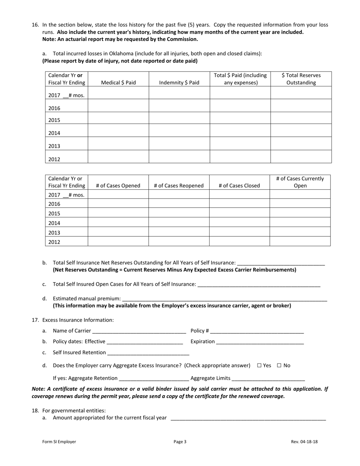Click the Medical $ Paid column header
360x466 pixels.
click(x=118, y=83)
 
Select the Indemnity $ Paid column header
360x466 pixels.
click(x=179, y=83)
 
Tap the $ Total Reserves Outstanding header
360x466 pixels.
click(x=301, y=79)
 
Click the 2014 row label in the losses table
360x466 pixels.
click(x=55, y=133)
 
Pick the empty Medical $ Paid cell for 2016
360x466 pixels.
click(x=118, y=106)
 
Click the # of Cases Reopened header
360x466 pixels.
click(x=179, y=186)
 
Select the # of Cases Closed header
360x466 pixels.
click(x=239, y=186)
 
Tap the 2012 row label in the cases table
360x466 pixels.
click(x=55, y=242)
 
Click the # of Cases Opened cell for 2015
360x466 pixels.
click(x=118, y=213)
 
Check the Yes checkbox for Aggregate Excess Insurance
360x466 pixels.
click(x=259, y=366)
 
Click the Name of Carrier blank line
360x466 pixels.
click(x=139, y=331)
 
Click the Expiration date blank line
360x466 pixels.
click(x=260, y=341)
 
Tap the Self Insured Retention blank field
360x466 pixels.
click(x=148, y=352)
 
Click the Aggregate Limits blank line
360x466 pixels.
click(x=268, y=378)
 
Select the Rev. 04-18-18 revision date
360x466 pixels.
click(x=304, y=441)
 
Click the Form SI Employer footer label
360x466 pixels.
click(x=59, y=441)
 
